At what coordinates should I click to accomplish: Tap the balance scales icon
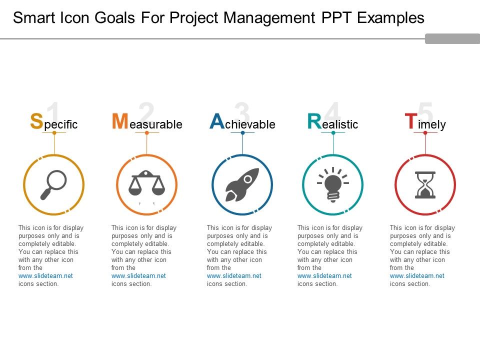click(146, 183)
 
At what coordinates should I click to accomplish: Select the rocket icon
click(242, 184)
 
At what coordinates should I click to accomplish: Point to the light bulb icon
click(333, 184)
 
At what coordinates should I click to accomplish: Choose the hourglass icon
click(425, 185)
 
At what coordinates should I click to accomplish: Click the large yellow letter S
click(36, 121)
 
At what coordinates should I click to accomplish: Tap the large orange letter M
click(120, 121)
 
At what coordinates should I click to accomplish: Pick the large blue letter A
click(217, 121)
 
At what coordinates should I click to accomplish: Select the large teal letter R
click(314, 121)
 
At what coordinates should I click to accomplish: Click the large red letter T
click(411, 121)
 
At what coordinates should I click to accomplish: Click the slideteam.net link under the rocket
click(234, 276)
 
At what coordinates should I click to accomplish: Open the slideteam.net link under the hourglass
click(417, 276)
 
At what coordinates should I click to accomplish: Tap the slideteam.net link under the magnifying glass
click(45, 276)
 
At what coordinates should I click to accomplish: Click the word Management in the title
click(269, 18)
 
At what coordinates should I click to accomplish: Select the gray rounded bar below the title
click(452, 38)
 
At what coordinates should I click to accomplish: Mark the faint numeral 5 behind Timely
click(425, 112)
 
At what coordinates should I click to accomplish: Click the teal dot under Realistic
click(333, 133)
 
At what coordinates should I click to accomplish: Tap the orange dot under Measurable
click(147, 133)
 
